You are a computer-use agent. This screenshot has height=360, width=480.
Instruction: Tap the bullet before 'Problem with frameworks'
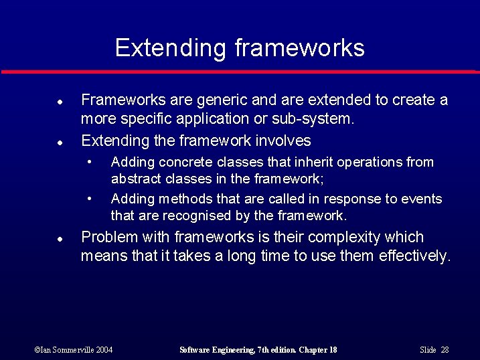60,239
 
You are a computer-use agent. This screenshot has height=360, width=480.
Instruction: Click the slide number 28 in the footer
445,350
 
